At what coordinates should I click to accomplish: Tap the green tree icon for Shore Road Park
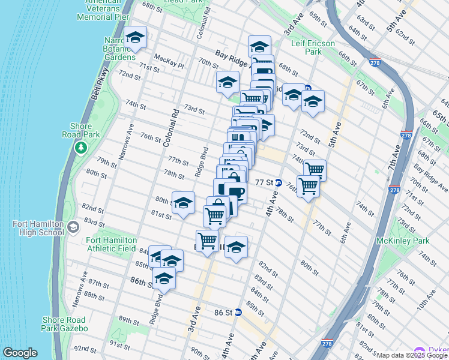80,147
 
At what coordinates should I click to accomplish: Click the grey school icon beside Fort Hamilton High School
73,227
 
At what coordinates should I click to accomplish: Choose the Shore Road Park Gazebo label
64,324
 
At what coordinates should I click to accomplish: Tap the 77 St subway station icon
279,182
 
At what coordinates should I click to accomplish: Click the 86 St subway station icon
238,312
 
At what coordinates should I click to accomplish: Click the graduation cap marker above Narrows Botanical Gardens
135,38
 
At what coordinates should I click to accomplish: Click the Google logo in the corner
20,352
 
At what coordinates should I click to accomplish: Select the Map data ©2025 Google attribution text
412,355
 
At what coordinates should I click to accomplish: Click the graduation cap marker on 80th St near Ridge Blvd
184,203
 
